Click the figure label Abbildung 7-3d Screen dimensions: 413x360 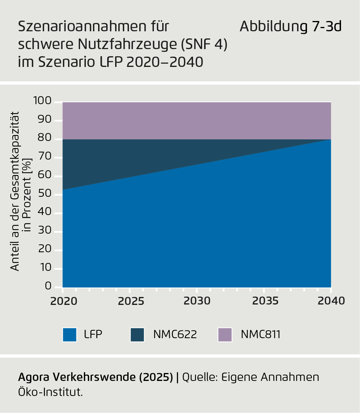click(290, 27)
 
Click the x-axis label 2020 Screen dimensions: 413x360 click(63, 301)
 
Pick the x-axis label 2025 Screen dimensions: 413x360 click(130, 301)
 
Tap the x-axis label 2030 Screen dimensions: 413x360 click(197, 301)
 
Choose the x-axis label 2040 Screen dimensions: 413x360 click(331, 301)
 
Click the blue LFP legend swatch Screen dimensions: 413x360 click(69, 335)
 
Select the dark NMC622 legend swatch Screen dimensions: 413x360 click(137, 335)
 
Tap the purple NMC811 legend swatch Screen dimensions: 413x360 click(225, 335)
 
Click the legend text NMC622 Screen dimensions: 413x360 click(175, 335)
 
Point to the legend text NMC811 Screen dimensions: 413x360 click(261, 335)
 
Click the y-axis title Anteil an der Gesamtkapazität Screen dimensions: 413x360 click(15, 194)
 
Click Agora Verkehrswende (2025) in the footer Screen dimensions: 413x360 click(95, 377)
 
